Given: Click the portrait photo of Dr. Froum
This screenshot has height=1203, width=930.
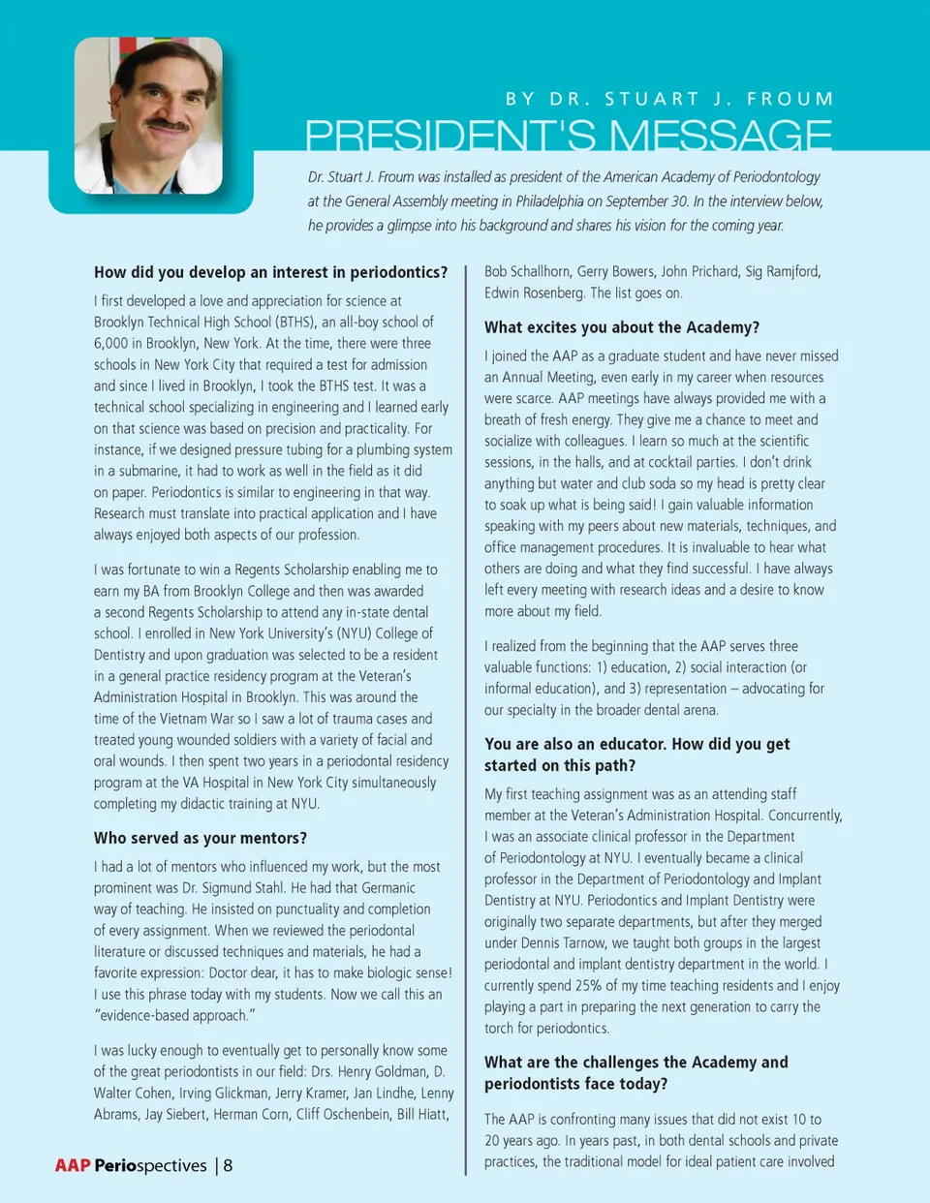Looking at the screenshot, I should pos(148,115).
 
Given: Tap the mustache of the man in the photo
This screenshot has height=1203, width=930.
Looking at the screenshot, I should pos(167,126).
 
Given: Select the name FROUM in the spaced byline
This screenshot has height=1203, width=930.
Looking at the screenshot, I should pos(790,99).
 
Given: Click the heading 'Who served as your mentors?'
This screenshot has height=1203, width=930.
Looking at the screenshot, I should pos(201,838).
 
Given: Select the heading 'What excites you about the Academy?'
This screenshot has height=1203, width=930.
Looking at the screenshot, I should pos(622,327).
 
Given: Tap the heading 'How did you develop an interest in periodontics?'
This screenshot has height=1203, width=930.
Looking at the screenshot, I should pos(271,272).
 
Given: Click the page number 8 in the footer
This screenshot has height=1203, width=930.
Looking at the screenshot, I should pos(228,1165).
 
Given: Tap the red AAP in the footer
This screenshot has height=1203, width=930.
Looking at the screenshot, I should pos(73,1165).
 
